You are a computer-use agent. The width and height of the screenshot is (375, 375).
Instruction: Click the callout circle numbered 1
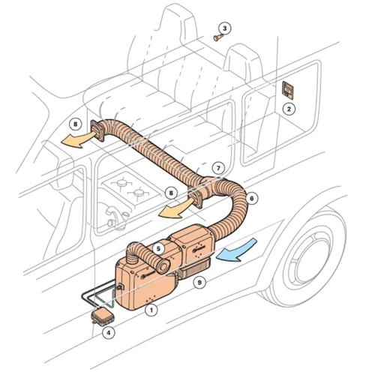click(151, 310)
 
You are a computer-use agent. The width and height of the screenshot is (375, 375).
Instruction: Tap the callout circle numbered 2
click(289, 109)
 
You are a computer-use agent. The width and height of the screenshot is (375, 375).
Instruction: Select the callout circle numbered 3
click(224, 28)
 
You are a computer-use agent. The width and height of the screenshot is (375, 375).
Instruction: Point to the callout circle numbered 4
click(108, 332)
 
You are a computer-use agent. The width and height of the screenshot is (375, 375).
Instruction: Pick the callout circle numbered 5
click(158, 249)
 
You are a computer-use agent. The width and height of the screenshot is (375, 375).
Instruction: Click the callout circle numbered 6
click(251, 198)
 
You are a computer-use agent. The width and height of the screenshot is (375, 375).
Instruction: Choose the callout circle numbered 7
click(218, 168)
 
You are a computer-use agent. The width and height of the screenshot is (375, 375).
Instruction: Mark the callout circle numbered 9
click(199, 283)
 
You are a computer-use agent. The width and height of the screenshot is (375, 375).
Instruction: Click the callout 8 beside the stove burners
click(171, 193)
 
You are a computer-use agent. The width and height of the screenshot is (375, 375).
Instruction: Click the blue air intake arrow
click(238, 250)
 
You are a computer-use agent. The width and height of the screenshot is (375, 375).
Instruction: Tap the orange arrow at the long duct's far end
click(77, 140)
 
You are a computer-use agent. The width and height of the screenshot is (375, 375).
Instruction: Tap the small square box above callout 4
click(102, 316)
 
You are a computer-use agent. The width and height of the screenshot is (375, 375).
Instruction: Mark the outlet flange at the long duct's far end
click(98, 130)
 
